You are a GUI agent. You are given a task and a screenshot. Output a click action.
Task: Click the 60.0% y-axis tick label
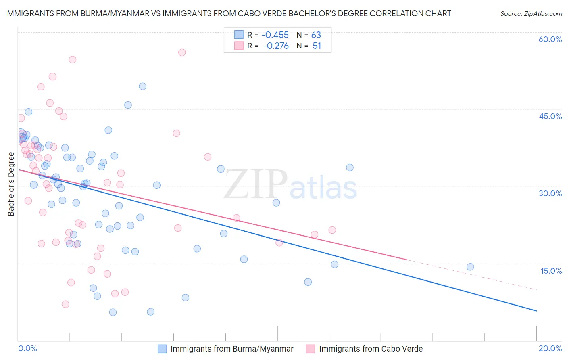[550, 39]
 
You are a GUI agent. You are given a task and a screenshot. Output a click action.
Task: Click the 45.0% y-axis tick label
[550, 116]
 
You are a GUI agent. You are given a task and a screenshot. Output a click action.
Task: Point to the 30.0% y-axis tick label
[550, 193]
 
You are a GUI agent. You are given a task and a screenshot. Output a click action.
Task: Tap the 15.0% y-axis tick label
[551, 271]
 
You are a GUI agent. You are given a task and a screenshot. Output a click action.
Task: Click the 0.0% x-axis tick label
[27, 348]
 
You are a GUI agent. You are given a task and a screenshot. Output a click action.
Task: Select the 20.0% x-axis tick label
[550, 348]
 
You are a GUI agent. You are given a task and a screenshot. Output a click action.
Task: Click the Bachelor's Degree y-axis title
[11, 184]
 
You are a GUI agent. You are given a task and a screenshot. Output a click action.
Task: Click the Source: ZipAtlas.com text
[531, 14]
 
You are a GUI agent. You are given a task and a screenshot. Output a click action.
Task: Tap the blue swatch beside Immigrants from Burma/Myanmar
[162, 349]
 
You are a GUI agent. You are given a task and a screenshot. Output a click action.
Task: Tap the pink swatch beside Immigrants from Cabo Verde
[310, 349]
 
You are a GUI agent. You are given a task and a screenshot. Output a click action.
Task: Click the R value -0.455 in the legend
[275, 35]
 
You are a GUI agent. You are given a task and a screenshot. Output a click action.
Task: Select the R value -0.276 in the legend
[275, 46]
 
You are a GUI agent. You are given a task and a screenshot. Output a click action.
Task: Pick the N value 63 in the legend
[316, 35]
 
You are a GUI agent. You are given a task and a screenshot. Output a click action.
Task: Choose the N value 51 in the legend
[317, 46]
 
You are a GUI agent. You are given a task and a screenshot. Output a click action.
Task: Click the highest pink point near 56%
[182, 52]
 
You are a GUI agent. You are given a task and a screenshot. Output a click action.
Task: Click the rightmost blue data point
[470, 267]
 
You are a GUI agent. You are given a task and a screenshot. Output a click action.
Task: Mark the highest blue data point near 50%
[142, 86]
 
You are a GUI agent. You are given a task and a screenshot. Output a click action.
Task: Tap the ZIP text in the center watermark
[256, 184]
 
